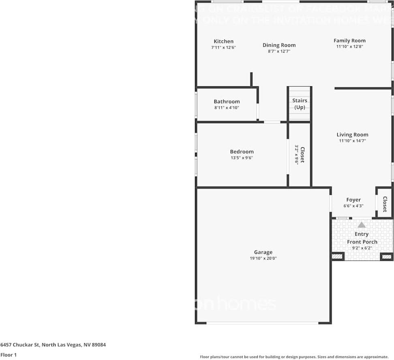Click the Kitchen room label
click(223, 41)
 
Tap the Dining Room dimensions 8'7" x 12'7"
click(279, 51)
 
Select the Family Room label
click(349, 40)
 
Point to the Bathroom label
click(227, 102)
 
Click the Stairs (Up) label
click(300, 104)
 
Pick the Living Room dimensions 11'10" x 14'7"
click(352, 141)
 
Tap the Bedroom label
click(242, 152)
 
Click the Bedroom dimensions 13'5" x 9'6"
click(242, 158)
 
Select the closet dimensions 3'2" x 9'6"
click(297, 154)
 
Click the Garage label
click(263, 252)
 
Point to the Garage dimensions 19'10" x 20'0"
click(263, 258)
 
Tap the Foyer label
click(353, 200)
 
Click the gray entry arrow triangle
click(361, 224)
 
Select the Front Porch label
click(362, 242)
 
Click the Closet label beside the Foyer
click(384, 204)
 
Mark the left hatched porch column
click(337, 256)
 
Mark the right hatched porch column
click(387, 256)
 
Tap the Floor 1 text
click(9, 355)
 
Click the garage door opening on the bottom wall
click(262, 323)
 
